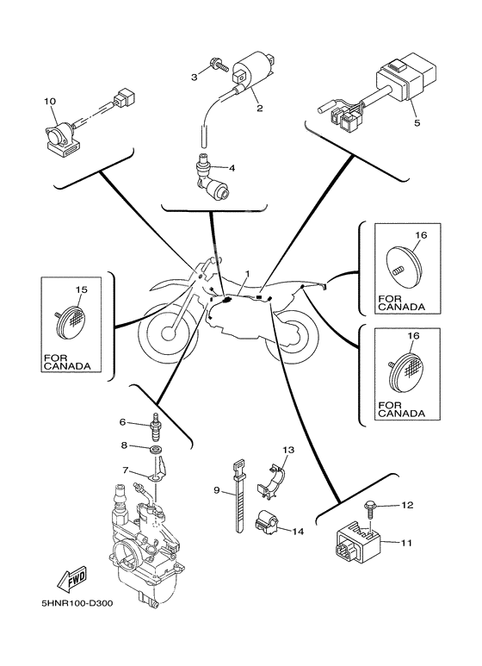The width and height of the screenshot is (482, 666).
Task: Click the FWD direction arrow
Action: click(x=72, y=579)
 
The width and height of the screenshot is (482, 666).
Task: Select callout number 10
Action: click(x=50, y=101)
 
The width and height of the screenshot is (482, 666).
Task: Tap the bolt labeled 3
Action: click(x=219, y=66)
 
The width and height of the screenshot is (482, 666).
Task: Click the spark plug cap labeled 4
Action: click(x=211, y=177)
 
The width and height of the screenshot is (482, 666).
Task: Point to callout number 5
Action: click(x=417, y=122)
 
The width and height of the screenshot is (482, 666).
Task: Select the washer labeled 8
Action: click(x=157, y=449)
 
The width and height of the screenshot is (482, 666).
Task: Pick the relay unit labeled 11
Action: click(x=357, y=545)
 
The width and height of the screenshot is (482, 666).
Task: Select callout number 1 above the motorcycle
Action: click(x=247, y=273)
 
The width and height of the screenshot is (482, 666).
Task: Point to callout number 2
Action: click(x=260, y=108)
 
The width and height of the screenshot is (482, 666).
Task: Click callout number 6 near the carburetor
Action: click(x=122, y=422)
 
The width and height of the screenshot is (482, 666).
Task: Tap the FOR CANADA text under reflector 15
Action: click(x=67, y=363)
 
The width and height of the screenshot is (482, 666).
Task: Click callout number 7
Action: click(x=125, y=470)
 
